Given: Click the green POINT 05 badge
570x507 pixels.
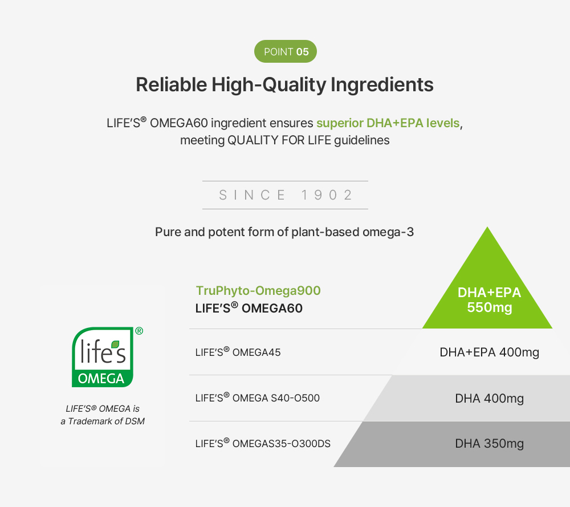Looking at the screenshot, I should click(x=285, y=52).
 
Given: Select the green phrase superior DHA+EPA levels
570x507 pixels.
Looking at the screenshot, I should click(x=388, y=123).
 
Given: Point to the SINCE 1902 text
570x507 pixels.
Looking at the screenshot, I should click(x=286, y=195).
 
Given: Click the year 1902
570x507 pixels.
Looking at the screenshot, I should click(x=327, y=195).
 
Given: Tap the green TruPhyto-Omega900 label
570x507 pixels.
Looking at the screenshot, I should click(x=258, y=291).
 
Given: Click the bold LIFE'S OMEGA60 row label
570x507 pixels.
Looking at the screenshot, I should click(x=249, y=309).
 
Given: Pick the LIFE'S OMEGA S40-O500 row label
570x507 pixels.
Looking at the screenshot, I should click(x=258, y=398).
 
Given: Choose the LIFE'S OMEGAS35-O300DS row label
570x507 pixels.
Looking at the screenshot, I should click(x=263, y=444).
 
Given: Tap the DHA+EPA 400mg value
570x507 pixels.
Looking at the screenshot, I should click(x=489, y=352).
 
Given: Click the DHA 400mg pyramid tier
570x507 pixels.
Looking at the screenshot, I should click(x=489, y=398).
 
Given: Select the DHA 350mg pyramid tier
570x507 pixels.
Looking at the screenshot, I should click(x=489, y=444).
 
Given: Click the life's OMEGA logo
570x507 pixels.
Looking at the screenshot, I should click(x=103, y=358).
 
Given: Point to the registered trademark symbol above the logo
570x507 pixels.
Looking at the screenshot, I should click(x=139, y=331).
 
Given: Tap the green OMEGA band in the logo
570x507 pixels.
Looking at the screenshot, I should click(x=101, y=378).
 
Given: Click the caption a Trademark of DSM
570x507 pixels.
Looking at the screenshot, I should click(x=103, y=421).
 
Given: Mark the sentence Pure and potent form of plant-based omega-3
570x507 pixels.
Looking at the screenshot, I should click(x=284, y=233).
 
